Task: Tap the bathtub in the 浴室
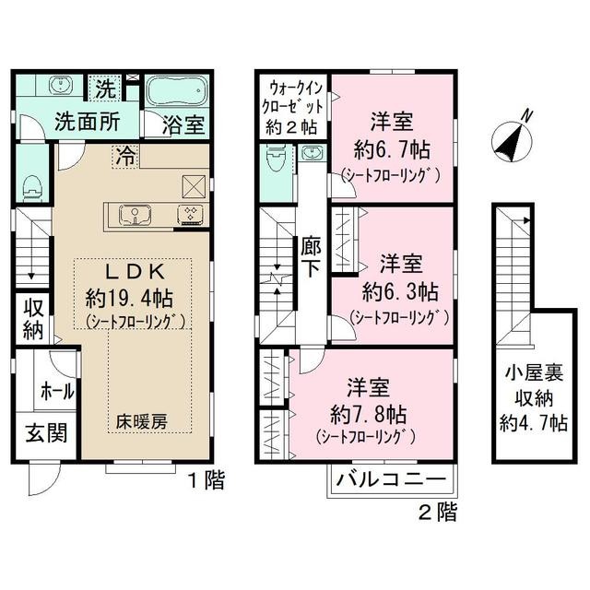coord(178,92)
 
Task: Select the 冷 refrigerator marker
coord(124,156)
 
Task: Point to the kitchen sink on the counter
coord(136,215)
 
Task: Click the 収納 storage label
coord(32,317)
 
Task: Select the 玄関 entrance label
coord(44,433)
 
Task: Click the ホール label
coord(57,391)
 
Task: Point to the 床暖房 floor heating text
coord(141,422)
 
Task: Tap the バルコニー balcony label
coord(391,479)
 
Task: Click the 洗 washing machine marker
coord(106,88)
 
